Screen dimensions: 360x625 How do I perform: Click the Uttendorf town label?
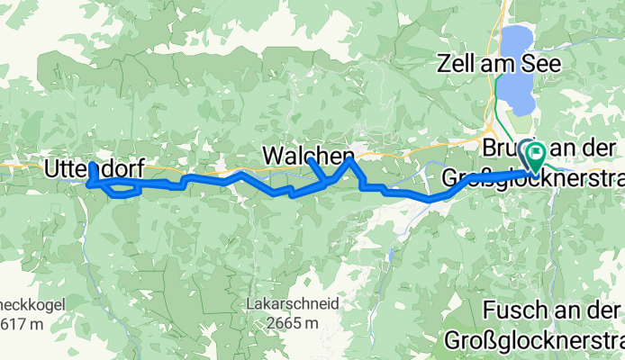point(93,166)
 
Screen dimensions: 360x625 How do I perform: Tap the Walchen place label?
point(308,156)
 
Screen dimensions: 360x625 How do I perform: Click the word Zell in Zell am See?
point(456,64)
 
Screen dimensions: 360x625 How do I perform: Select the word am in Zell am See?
point(500,64)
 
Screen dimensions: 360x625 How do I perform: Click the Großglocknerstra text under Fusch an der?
point(531,342)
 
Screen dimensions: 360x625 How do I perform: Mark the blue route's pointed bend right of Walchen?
point(351,160)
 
